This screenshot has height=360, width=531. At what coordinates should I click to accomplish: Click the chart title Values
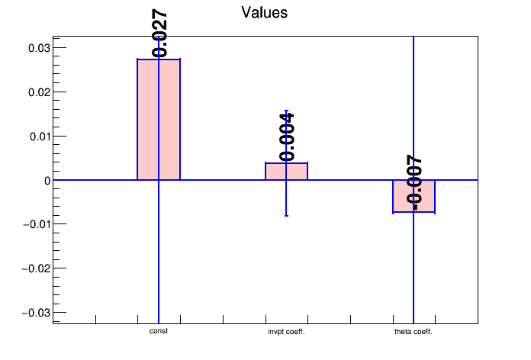click(264, 12)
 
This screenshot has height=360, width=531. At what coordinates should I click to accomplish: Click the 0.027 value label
click(159, 34)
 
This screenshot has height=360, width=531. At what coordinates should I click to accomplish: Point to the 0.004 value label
click(287, 137)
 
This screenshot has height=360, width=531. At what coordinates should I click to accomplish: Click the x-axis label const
click(159, 331)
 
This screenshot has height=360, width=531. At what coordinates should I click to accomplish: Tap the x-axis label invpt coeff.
click(286, 332)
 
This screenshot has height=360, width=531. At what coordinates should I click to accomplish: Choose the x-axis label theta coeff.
click(414, 332)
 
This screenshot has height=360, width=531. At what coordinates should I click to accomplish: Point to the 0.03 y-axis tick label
click(39, 48)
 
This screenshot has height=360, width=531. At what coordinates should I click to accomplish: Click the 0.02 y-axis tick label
click(39, 92)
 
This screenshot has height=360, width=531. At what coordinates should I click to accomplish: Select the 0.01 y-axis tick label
click(40, 137)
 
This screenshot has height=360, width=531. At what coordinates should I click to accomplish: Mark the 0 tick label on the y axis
click(47, 181)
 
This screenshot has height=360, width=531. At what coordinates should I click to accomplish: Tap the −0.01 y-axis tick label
click(37, 224)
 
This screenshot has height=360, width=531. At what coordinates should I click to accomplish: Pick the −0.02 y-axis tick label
click(36, 268)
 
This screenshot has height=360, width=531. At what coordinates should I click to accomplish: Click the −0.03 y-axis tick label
click(36, 313)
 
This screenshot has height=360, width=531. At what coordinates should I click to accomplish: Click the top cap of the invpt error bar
click(287, 111)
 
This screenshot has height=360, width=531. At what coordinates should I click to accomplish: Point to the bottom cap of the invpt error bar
click(287, 216)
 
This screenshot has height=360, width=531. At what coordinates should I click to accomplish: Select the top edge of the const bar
click(159, 59)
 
